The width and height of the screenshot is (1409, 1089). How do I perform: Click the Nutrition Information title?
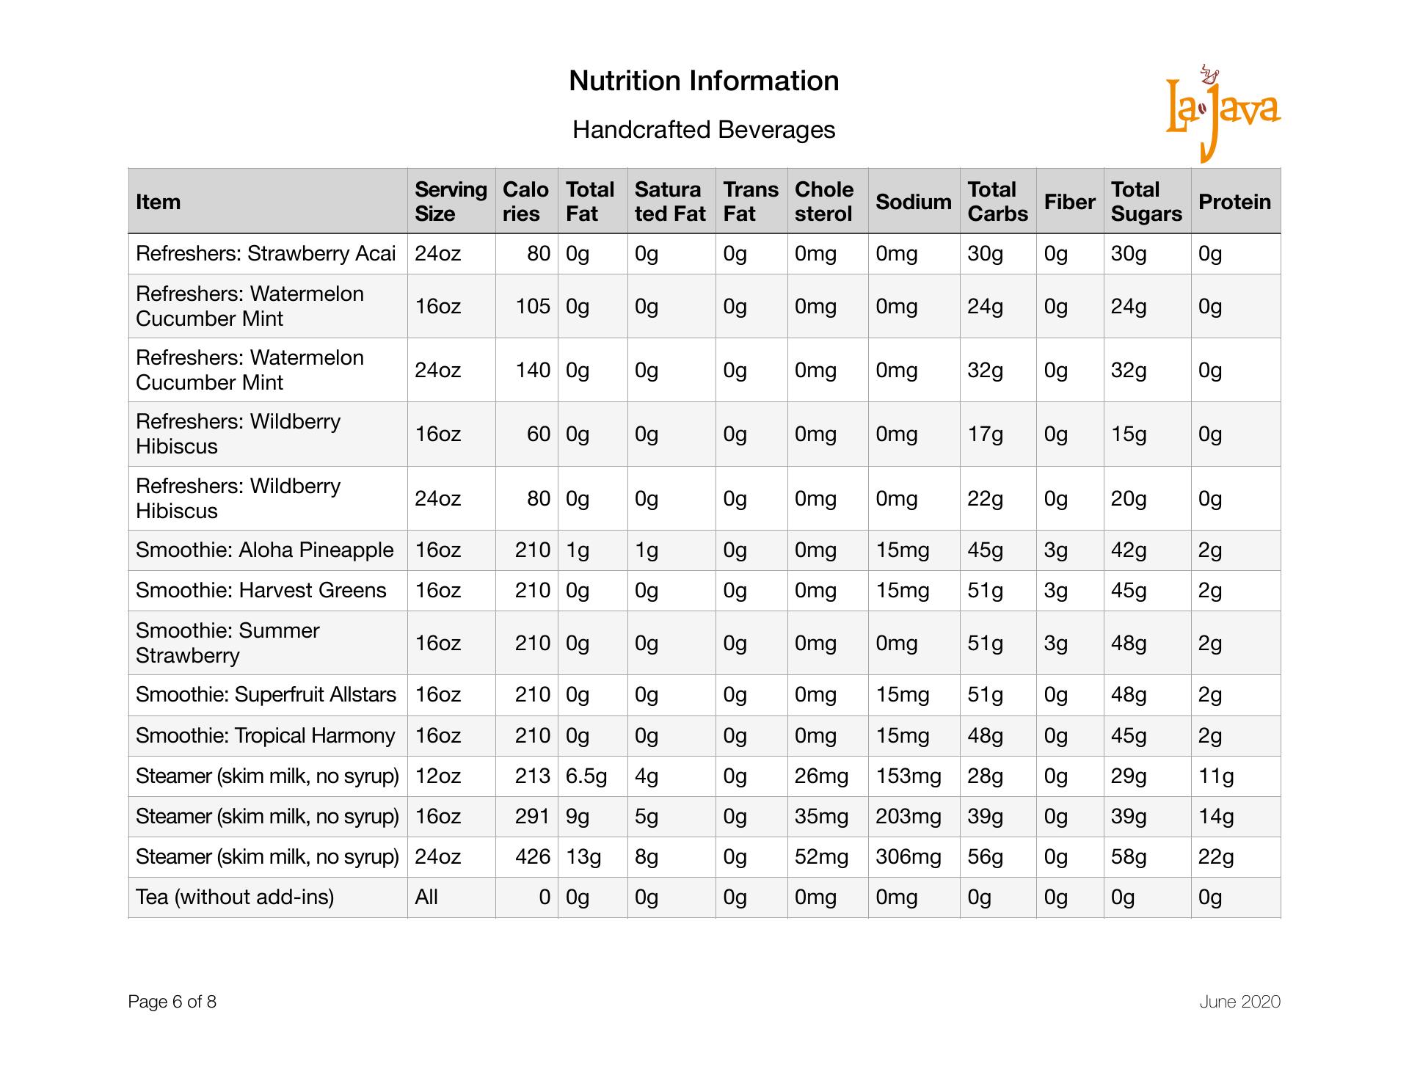(704, 81)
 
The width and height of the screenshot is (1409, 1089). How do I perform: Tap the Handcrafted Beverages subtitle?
(704, 130)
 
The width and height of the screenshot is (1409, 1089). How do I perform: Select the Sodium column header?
(913, 202)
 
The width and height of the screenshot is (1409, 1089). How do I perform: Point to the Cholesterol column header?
(824, 202)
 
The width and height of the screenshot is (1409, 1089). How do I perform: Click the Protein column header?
(1234, 202)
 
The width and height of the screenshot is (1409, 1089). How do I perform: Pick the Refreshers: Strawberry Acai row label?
(266, 254)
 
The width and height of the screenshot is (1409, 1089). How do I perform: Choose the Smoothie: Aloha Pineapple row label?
(264, 550)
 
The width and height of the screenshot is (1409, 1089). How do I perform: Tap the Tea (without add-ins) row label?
(235, 897)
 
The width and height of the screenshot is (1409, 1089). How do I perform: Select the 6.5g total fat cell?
(586, 776)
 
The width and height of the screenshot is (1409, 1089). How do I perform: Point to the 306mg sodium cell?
(908, 857)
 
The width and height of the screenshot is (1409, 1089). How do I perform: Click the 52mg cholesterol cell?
(821, 857)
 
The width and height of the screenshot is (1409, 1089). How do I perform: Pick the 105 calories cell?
(533, 307)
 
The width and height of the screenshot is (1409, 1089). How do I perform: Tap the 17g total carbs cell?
(985, 434)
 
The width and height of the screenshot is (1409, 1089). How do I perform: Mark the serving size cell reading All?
(426, 897)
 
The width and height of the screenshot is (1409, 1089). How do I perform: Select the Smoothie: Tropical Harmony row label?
(265, 736)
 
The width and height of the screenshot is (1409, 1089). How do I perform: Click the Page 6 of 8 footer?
(172, 1002)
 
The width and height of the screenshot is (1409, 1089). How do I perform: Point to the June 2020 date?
(1239, 1002)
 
